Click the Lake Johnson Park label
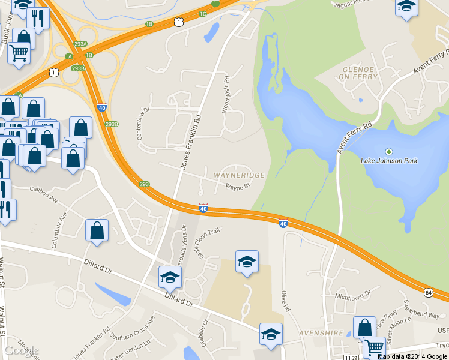coord(388,161)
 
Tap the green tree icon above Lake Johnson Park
coord(388,151)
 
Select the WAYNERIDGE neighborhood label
coord(239,175)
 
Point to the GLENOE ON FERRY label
coord(359,73)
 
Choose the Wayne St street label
coord(237,187)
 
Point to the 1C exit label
coord(203,13)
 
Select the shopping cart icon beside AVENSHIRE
coord(374,346)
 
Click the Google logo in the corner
coord(22,350)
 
